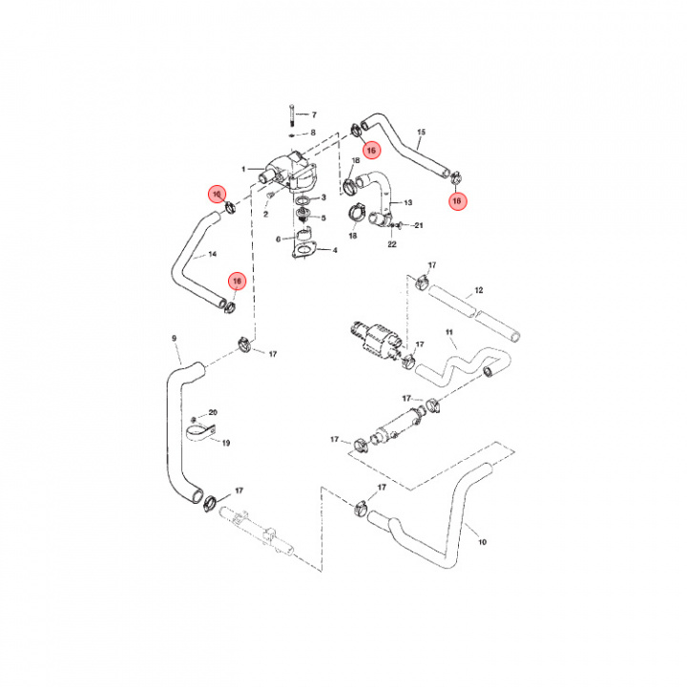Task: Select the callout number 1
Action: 244,170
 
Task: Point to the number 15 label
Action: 421,131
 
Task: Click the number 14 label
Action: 212,255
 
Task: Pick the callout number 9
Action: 175,338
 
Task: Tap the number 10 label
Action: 482,542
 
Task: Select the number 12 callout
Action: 479,290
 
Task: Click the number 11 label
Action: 448,333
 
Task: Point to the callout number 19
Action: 226,443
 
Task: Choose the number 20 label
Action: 213,412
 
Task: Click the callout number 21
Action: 418,225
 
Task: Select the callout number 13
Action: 408,203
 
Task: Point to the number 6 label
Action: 279,239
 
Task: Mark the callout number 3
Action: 323,198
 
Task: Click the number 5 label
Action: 323,218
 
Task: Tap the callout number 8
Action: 312,133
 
